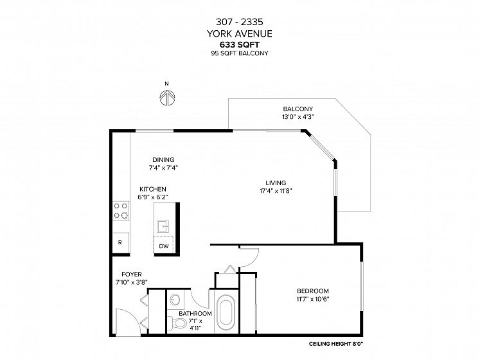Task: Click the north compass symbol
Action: tap(167, 98)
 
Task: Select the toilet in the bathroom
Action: tap(179, 323)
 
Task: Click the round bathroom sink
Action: tap(175, 300)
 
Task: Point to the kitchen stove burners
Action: tap(121, 211)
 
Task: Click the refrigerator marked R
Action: tap(120, 242)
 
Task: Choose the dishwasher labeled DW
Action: tap(164, 246)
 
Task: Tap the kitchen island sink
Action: tap(163, 227)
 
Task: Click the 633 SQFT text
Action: tap(240, 45)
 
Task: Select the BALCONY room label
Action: tap(298, 109)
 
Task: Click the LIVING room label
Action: tap(276, 183)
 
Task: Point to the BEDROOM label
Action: tap(313, 291)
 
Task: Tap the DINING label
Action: tap(163, 160)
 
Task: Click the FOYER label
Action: tap(132, 274)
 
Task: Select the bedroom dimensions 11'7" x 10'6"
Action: tap(313, 299)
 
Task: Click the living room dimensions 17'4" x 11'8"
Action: tap(276, 191)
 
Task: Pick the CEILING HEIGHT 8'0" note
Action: tap(336, 344)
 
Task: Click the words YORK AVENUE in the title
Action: tap(240, 33)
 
